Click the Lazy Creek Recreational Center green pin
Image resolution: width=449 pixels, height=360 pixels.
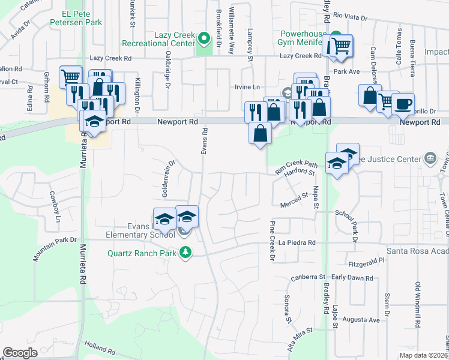coord(204,40)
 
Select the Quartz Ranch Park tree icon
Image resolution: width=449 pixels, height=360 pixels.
coord(186,252)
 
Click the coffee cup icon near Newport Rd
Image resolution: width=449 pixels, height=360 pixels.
coord(403,103)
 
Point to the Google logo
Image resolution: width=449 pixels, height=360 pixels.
coord(20,352)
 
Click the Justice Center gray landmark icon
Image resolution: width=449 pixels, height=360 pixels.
coord(430,158)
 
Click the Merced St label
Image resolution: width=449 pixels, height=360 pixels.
coord(294,206)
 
